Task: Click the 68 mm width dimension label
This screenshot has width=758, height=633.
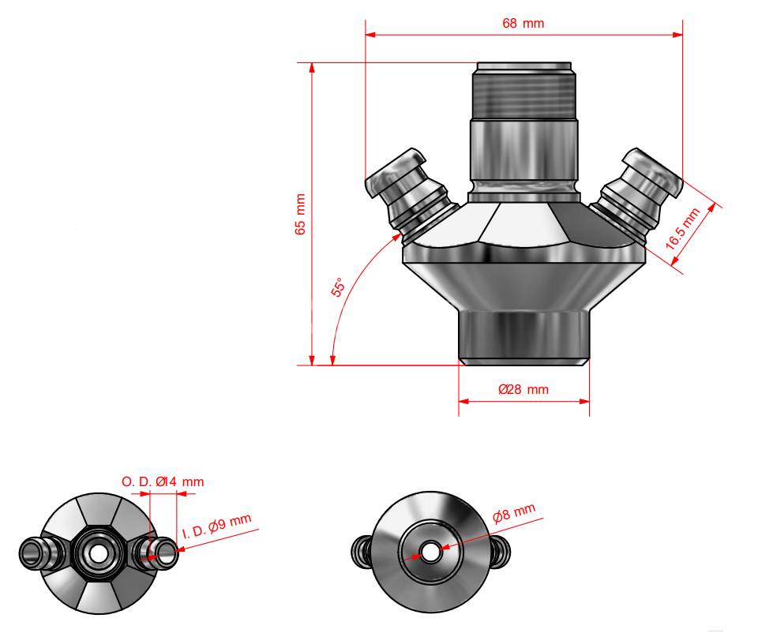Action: (523, 23)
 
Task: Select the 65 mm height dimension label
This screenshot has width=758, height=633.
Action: (300, 214)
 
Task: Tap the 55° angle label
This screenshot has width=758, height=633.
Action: (339, 287)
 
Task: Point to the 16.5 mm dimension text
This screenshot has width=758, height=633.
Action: (682, 229)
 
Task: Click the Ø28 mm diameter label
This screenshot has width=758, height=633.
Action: (523, 389)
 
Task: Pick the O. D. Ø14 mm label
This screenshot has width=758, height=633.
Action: (163, 481)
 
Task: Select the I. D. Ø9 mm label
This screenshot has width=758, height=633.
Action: (217, 526)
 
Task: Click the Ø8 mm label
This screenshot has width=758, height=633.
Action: (514, 512)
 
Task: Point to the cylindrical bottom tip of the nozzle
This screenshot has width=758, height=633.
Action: (524, 338)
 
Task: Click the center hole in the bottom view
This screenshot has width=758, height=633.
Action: (430, 552)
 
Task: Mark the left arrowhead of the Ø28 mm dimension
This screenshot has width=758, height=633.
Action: (464, 401)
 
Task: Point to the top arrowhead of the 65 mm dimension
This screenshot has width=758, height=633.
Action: (312, 69)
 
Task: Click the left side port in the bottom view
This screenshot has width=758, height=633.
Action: (362, 552)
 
